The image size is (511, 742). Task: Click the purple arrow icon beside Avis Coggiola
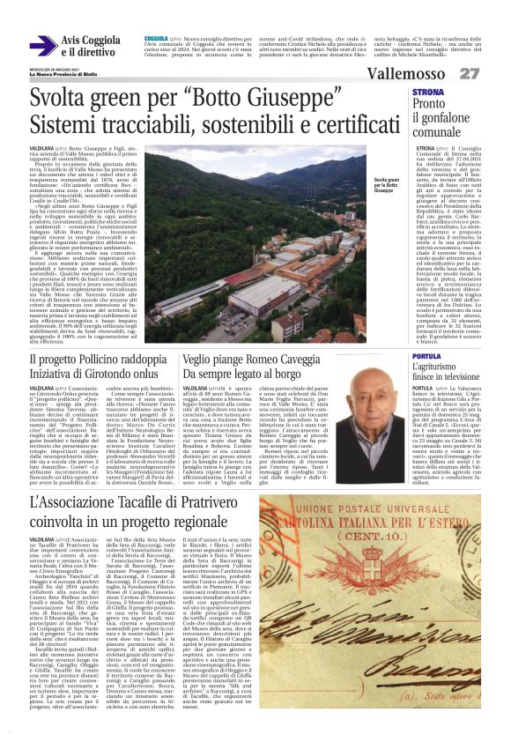coord(43,46)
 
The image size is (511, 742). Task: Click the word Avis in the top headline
coord(72,41)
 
